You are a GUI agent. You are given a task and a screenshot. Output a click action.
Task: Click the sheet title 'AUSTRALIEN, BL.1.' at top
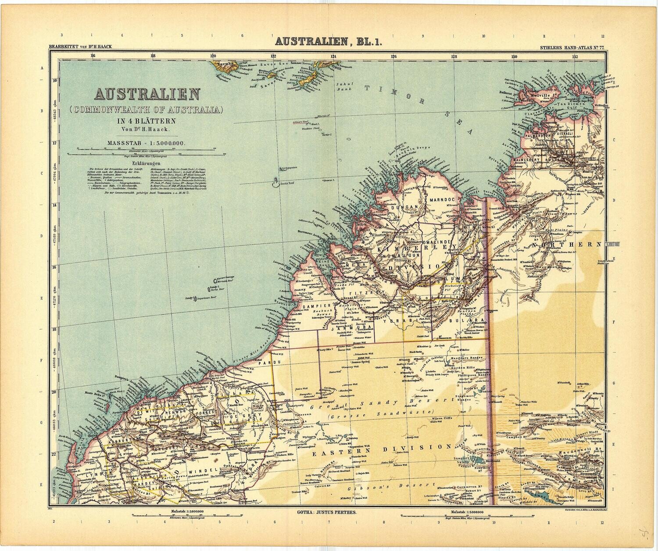(329, 42)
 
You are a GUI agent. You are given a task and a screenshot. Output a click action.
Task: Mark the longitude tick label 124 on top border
(333, 56)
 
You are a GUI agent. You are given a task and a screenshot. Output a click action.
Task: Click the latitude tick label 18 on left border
(54, 330)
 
